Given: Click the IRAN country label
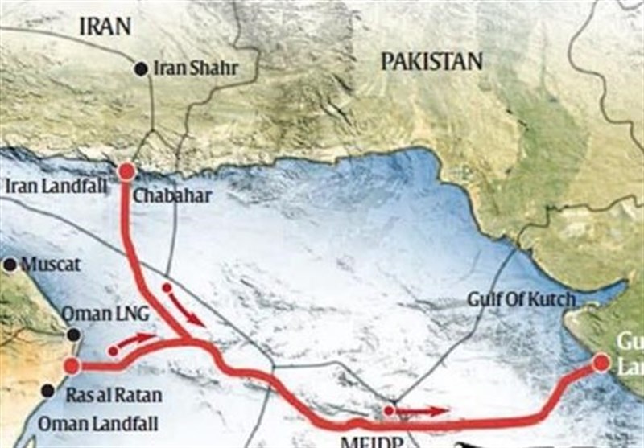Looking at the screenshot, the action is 104,26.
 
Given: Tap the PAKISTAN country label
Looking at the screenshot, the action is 431,61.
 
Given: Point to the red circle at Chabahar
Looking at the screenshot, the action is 126,171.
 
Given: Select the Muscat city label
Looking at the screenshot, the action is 51,265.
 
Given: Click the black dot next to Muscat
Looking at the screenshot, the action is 10,264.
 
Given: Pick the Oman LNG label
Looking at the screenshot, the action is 101,314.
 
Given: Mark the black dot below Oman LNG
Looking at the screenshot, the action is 73,335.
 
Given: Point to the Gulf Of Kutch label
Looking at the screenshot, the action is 522,300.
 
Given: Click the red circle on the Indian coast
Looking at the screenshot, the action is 601,364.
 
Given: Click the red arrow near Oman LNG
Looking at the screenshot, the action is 134,343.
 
